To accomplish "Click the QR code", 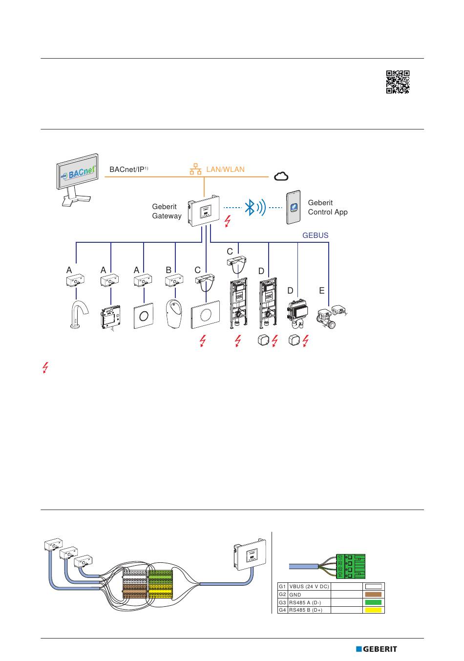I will (398, 82).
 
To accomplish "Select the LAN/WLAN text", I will (225, 170).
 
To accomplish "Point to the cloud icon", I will (281, 176).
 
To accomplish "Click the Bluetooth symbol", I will (250, 208).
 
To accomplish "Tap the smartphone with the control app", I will (294, 207).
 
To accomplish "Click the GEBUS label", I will (315, 235).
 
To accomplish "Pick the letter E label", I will (321, 291).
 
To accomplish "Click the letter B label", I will (169, 270).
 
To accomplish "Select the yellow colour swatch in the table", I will (374, 610).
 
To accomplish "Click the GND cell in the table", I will (309, 595).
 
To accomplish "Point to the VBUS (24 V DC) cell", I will (309, 586).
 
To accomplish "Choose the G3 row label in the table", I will (282, 602).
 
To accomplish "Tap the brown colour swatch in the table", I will (374, 595).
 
